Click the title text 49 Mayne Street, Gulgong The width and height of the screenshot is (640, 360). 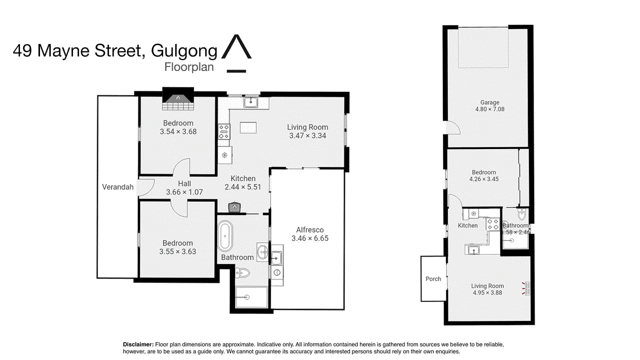click(x=115, y=51)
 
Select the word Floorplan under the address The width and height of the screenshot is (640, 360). click(x=189, y=67)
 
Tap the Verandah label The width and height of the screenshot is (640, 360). click(x=117, y=187)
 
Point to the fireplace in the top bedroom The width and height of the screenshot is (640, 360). click(x=177, y=101)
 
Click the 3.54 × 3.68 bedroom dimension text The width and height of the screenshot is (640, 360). click(x=177, y=131)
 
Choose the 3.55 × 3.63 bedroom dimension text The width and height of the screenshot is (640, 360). click(x=177, y=251)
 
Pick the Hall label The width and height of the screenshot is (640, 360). click(x=184, y=183)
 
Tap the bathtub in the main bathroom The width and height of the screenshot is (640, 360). click(x=225, y=236)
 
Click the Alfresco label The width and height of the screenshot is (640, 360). click(x=309, y=229)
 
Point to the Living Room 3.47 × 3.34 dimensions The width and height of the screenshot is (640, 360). click(x=307, y=135)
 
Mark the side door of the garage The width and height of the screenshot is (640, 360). click(x=452, y=128)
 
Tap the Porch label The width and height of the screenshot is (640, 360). click(x=433, y=278)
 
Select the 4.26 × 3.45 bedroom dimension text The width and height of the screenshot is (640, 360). click(x=483, y=179)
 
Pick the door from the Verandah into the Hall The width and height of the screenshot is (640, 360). click(x=145, y=187)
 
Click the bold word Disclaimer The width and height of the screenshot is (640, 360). click(x=138, y=344)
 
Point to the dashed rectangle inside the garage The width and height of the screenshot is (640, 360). click(x=483, y=47)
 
